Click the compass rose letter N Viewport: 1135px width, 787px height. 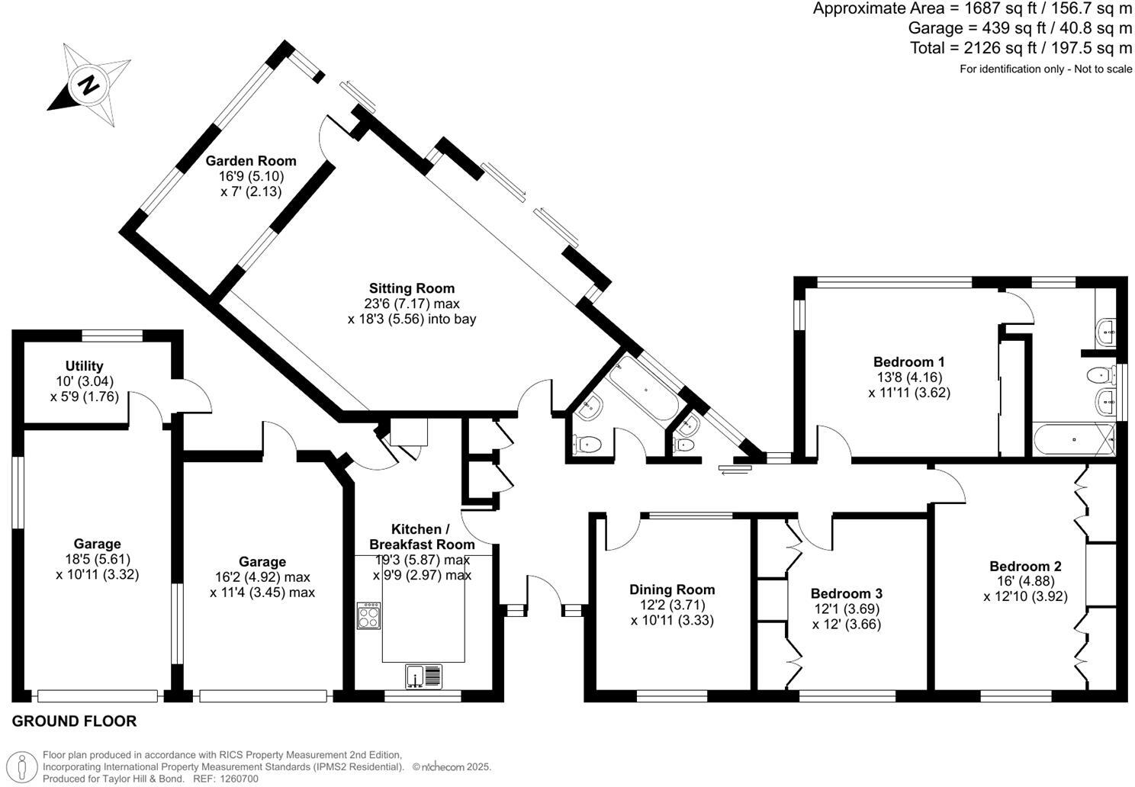coord(89,85)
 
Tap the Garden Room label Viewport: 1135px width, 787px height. coord(251,161)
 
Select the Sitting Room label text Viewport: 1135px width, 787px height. coord(412,288)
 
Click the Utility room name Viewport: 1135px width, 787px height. coord(85,366)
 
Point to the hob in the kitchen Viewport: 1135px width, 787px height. coord(368,615)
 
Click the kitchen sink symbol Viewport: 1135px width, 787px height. coord(424,676)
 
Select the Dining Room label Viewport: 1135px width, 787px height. coord(672,589)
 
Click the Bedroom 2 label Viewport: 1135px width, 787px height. coord(1025,566)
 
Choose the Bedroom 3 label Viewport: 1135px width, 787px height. coord(847,593)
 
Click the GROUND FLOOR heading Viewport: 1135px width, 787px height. coord(75,721)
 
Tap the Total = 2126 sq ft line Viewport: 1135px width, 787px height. coord(1021,48)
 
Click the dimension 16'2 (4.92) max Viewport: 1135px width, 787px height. coord(262,577)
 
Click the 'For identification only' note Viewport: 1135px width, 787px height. coord(1045,69)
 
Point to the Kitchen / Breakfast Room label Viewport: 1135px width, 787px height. coord(422,537)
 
